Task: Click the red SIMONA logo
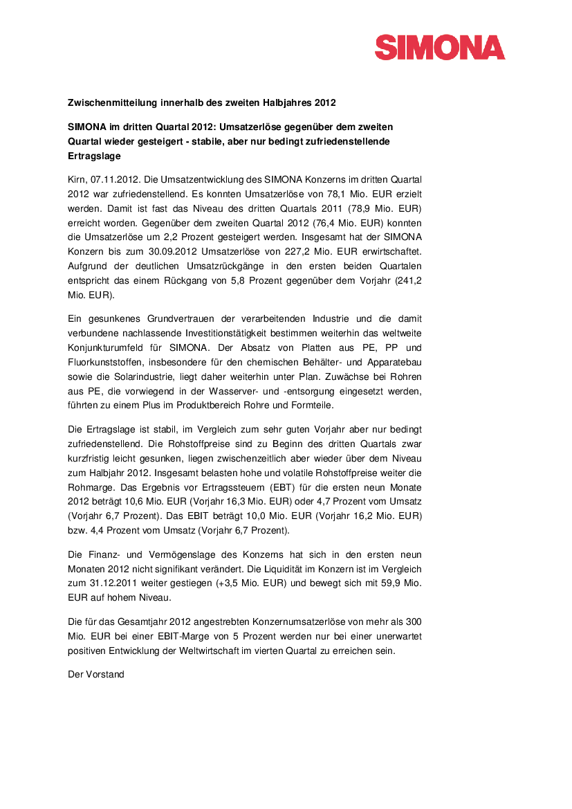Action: point(440,48)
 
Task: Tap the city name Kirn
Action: point(76,179)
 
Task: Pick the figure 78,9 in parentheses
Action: point(387,209)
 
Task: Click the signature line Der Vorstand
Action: point(95,674)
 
